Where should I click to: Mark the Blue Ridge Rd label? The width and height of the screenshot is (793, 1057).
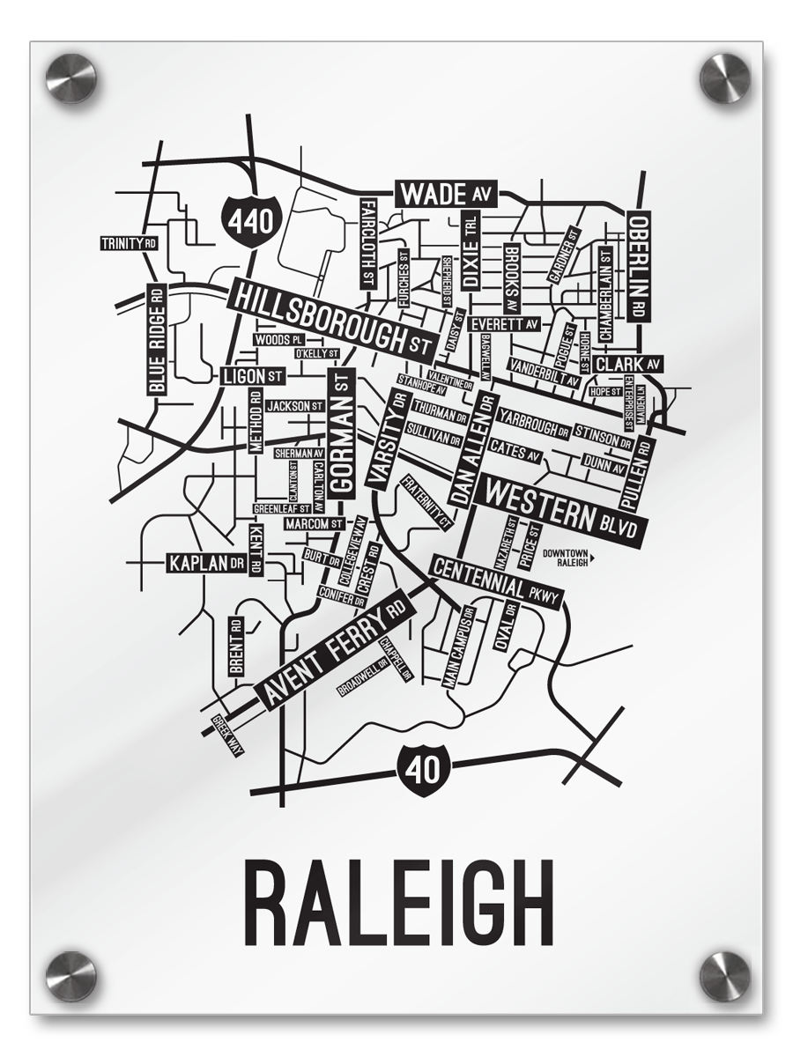pos(156,340)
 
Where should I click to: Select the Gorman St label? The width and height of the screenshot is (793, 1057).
pos(341,432)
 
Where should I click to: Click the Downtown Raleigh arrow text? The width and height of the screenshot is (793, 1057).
pos(569,557)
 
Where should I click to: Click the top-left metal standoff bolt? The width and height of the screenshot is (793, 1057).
pos(70,78)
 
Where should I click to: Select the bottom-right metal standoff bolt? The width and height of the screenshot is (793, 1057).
pos(724,976)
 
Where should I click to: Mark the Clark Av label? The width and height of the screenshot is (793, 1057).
pos(628,364)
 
